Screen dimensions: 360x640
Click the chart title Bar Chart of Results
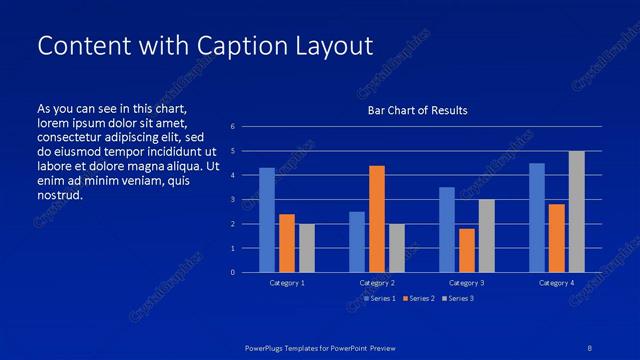tap(417, 110)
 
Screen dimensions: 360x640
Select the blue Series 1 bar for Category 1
tap(267, 220)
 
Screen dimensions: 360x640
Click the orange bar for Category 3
tap(467, 250)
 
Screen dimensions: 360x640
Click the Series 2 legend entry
tap(421, 298)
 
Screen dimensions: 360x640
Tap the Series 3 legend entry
tap(461, 298)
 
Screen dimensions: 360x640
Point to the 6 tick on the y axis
tap(232, 127)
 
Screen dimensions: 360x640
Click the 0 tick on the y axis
tap(232, 272)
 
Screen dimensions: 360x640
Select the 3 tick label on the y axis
tap(232, 200)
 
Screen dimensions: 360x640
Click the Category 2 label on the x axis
tap(377, 284)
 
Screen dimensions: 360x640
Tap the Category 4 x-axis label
tap(557, 284)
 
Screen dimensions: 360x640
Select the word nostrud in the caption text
tap(59, 195)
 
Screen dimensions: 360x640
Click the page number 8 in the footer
tap(590, 348)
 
